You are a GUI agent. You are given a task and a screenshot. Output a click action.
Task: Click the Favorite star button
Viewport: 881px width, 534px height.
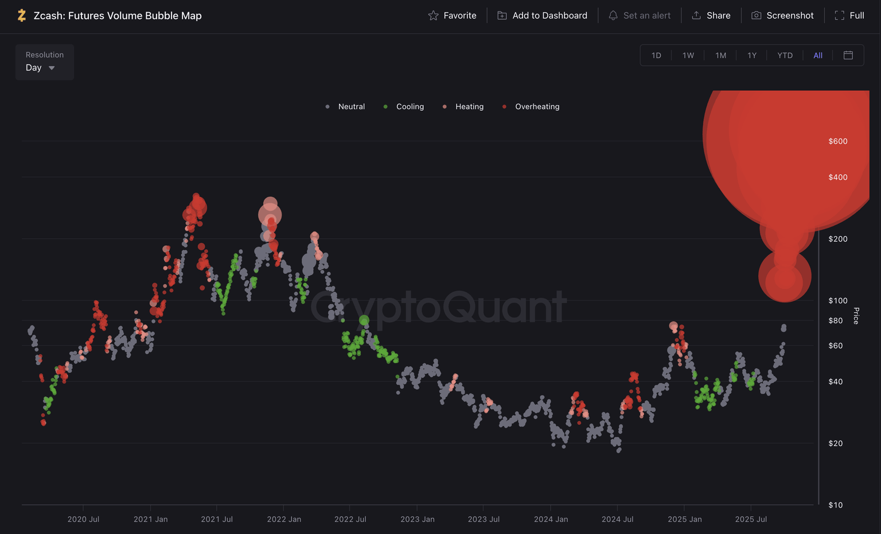click(453, 16)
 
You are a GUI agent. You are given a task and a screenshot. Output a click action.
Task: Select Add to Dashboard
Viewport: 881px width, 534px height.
click(542, 16)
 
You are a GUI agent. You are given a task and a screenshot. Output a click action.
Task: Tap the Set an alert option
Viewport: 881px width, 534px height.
click(640, 16)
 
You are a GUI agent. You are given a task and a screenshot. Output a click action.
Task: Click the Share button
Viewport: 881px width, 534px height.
click(711, 16)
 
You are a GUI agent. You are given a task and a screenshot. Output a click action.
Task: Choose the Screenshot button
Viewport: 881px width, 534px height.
click(782, 16)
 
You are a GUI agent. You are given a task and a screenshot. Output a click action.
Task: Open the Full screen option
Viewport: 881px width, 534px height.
click(849, 16)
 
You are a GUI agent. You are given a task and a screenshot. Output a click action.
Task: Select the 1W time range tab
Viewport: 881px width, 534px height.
click(688, 56)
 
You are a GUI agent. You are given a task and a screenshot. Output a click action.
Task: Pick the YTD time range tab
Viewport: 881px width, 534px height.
click(785, 56)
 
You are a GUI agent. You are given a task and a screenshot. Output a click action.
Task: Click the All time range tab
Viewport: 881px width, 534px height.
click(818, 56)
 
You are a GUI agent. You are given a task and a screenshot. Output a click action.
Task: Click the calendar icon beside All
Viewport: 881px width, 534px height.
click(848, 55)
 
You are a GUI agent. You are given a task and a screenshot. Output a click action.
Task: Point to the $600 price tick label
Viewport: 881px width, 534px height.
click(838, 141)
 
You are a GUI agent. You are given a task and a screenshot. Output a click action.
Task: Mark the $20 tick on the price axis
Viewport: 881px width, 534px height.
click(836, 443)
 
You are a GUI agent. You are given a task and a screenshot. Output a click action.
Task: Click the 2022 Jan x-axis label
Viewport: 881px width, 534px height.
click(284, 519)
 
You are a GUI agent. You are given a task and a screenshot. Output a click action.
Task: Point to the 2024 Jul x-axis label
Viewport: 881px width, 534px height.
click(617, 519)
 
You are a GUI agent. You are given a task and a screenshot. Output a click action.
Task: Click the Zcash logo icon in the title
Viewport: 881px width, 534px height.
click(22, 16)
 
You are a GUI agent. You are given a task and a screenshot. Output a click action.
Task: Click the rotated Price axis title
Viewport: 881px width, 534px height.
click(856, 316)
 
